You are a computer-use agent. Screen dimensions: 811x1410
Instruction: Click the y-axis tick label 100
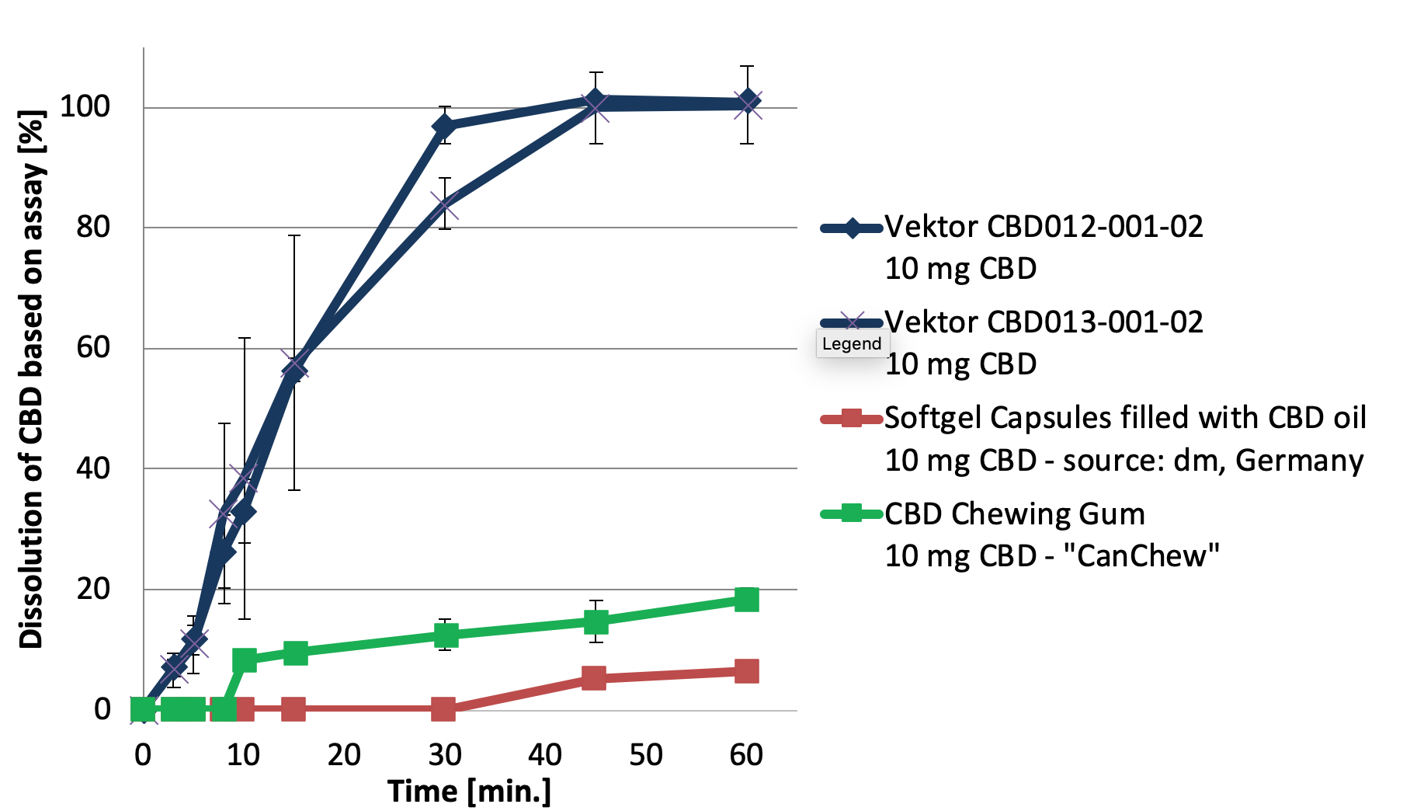(85, 106)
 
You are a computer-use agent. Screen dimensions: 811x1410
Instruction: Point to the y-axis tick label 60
(93, 347)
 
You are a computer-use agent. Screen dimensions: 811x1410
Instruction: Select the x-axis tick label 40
(545, 754)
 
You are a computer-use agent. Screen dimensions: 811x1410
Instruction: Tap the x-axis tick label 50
(646, 754)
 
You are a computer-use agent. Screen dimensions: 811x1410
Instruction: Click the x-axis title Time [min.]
(469, 792)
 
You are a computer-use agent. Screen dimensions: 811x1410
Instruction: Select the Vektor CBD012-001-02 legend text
(1044, 227)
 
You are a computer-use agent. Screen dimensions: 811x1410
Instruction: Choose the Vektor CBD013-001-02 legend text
(1044, 322)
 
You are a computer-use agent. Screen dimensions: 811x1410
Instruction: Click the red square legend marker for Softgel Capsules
(852, 419)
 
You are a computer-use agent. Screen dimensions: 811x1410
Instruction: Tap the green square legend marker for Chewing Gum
(852, 513)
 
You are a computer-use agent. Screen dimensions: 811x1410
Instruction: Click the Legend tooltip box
(852, 344)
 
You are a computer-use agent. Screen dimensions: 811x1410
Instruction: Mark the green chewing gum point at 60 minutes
(746, 600)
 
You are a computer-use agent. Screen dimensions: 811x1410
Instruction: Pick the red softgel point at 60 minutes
(746, 671)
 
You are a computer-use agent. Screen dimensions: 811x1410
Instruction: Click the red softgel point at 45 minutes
(594, 678)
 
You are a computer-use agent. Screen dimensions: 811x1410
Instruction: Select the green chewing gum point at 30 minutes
(445, 635)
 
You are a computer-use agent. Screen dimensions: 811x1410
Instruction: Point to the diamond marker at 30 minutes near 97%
(444, 126)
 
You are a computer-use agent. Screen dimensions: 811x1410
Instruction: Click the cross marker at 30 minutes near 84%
(445, 206)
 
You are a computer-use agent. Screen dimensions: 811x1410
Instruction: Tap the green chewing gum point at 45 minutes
(596, 622)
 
